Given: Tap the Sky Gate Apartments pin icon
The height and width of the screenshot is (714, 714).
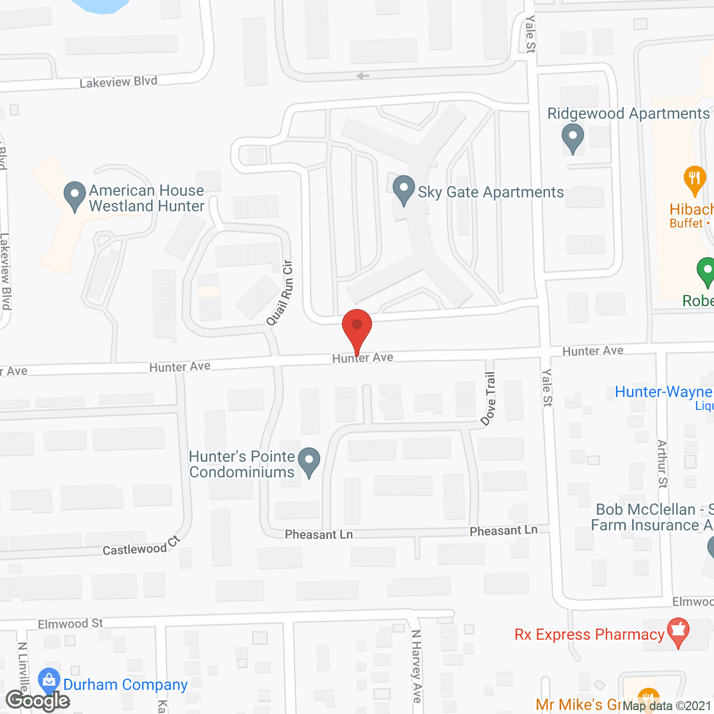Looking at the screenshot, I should [x=403, y=189].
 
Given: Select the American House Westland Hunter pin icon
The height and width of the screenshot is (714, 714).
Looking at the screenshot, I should [x=75, y=195].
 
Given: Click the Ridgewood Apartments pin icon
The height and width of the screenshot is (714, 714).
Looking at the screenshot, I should [x=572, y=137].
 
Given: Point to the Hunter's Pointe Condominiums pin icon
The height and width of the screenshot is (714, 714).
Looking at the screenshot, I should [x=309, y=462].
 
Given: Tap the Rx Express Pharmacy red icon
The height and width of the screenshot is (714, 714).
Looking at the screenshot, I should [x=678, y=631].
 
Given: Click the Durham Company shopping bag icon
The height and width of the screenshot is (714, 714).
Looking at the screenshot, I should [x=49, y=680].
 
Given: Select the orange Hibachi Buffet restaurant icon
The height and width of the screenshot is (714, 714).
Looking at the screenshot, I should [x=694, y=180].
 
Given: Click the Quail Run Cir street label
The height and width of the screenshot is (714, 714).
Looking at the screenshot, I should [x=280, y=293].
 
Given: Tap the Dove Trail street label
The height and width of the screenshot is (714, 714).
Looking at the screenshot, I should [x=489, y=399].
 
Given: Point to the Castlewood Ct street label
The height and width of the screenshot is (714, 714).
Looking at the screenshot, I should [x=142, y=547].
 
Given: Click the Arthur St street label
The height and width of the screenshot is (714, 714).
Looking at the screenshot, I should [x=662, y=464].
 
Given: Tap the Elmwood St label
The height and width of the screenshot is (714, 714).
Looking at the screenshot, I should [x=71, y=624].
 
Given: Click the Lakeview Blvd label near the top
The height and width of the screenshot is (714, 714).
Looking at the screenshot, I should [x=118, y=82].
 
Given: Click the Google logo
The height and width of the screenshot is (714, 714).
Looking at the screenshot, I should [x=38, y=701].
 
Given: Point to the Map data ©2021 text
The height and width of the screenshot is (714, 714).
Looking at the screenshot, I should [x=667, y=706].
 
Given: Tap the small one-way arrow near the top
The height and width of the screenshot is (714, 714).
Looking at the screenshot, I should [x=363, y=76].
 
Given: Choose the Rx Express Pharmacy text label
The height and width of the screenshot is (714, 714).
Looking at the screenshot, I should [x=590, y=635].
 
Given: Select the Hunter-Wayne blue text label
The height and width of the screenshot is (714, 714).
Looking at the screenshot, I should [x=663, y=392].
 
